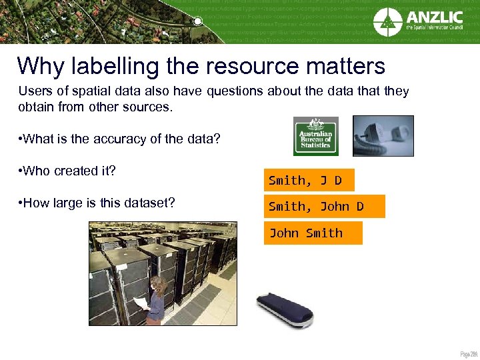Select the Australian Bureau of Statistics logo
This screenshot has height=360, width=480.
315,136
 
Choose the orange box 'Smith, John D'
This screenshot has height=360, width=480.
324,207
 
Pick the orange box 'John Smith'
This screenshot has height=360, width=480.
313,233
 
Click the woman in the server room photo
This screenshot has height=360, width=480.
155,299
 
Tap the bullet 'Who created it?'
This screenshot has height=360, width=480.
68,171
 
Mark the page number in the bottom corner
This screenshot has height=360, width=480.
469,353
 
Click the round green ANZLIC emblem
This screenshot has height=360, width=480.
387,21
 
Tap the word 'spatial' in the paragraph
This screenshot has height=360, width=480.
84,91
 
